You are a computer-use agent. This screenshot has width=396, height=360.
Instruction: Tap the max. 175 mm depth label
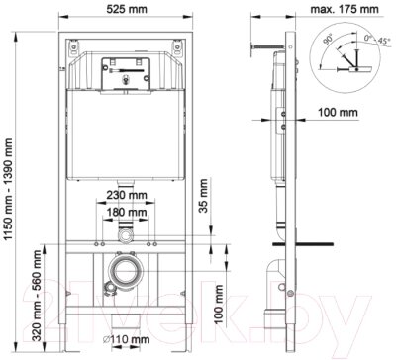point(345,9)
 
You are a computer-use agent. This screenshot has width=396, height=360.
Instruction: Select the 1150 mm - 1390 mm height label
point(8,189)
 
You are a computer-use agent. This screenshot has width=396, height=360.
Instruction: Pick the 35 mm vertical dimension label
point(204,196)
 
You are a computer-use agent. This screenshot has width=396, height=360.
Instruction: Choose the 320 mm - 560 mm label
point(37,296)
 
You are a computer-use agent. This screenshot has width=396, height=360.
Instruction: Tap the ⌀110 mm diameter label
point(126,339)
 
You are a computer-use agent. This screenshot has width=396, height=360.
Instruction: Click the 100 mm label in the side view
point(338,112)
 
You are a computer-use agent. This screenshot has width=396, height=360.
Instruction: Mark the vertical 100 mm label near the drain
point(218,305)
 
